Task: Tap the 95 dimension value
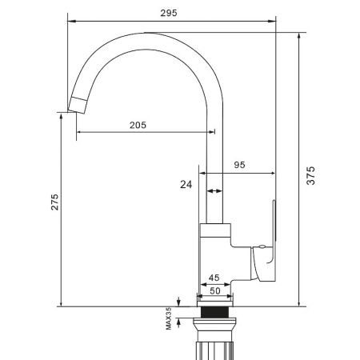(238, 165)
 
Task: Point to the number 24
(186, 184)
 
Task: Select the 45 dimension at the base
(214, 278)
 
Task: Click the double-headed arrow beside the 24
(214, 192)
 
